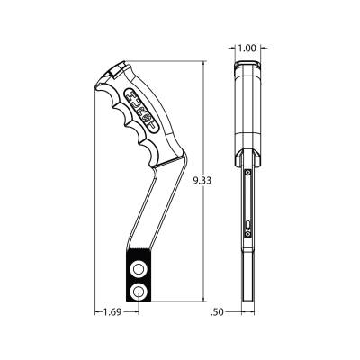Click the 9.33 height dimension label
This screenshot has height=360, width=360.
pos(203,181)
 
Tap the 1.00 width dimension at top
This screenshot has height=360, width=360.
pos(247,48)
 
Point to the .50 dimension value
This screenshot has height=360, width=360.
pos(216,312)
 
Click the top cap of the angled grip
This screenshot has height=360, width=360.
pos(114,71)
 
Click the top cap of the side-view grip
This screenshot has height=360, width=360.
pos(247,70)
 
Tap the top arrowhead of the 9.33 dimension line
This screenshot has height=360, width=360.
pos(206,66)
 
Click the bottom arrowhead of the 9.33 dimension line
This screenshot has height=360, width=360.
pos(206,300)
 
